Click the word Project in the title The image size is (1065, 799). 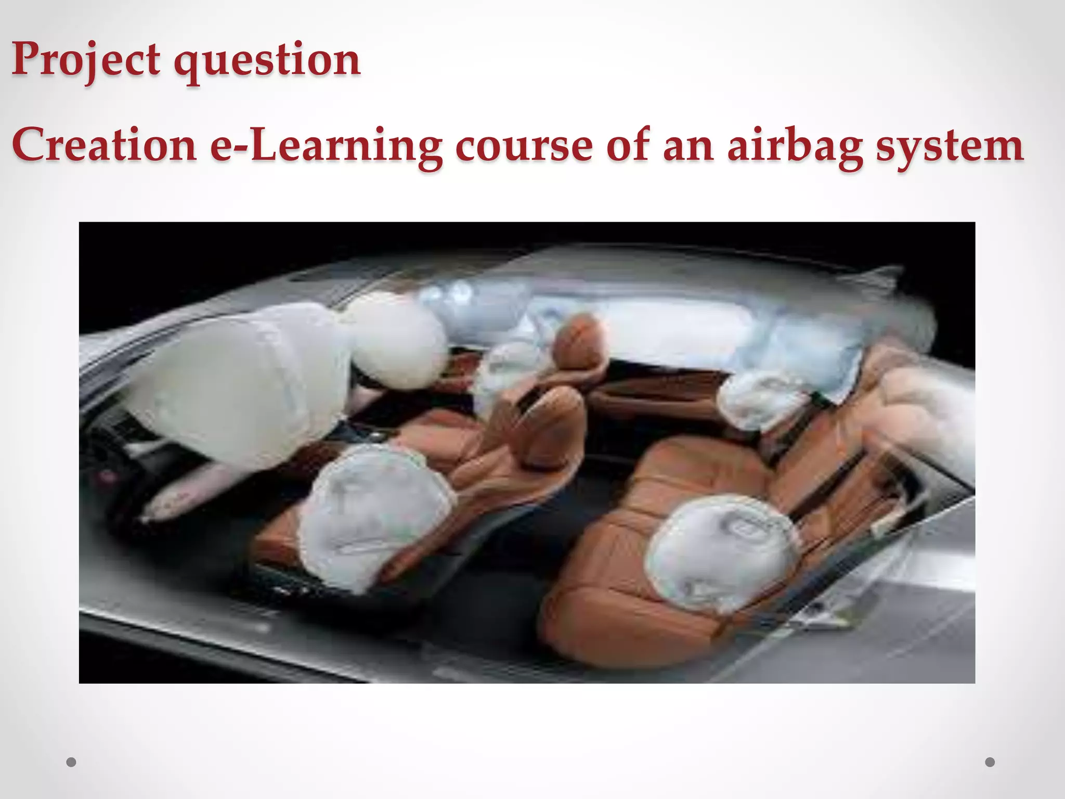tap(85, 60)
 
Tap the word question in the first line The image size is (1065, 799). tap(266, 61)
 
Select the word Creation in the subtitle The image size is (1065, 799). tap(104, 145)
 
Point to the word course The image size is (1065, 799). tap(524, 146)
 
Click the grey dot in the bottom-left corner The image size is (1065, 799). tap(72, 762)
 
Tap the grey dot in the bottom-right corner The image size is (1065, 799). tap(990, 762)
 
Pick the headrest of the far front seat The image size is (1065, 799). tap(580, 338)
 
